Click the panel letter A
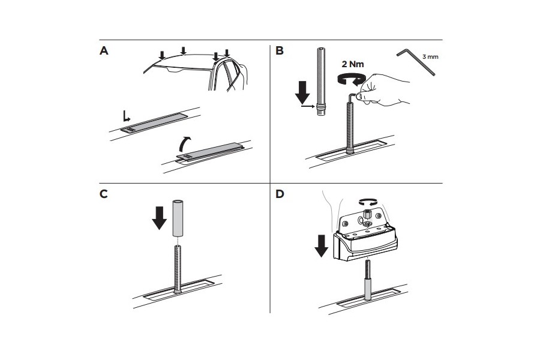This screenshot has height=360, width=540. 104,51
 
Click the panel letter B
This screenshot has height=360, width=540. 279,50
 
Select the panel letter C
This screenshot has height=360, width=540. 103,194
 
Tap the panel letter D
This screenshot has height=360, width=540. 280,194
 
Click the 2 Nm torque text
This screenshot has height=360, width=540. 353,64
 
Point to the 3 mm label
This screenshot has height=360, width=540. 430,57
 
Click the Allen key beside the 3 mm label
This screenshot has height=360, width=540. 416,62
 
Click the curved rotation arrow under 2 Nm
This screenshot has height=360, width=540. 350,79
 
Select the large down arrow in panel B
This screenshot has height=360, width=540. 303,92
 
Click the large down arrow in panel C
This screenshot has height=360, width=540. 159,218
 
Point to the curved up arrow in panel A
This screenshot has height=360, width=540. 185,143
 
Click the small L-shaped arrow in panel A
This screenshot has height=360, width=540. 127,116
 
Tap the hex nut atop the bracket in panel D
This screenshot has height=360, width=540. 367,215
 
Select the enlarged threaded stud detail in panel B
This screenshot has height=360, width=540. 320,82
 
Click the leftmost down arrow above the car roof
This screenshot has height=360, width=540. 162,55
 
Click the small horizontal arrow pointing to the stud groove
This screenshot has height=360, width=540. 308,107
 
